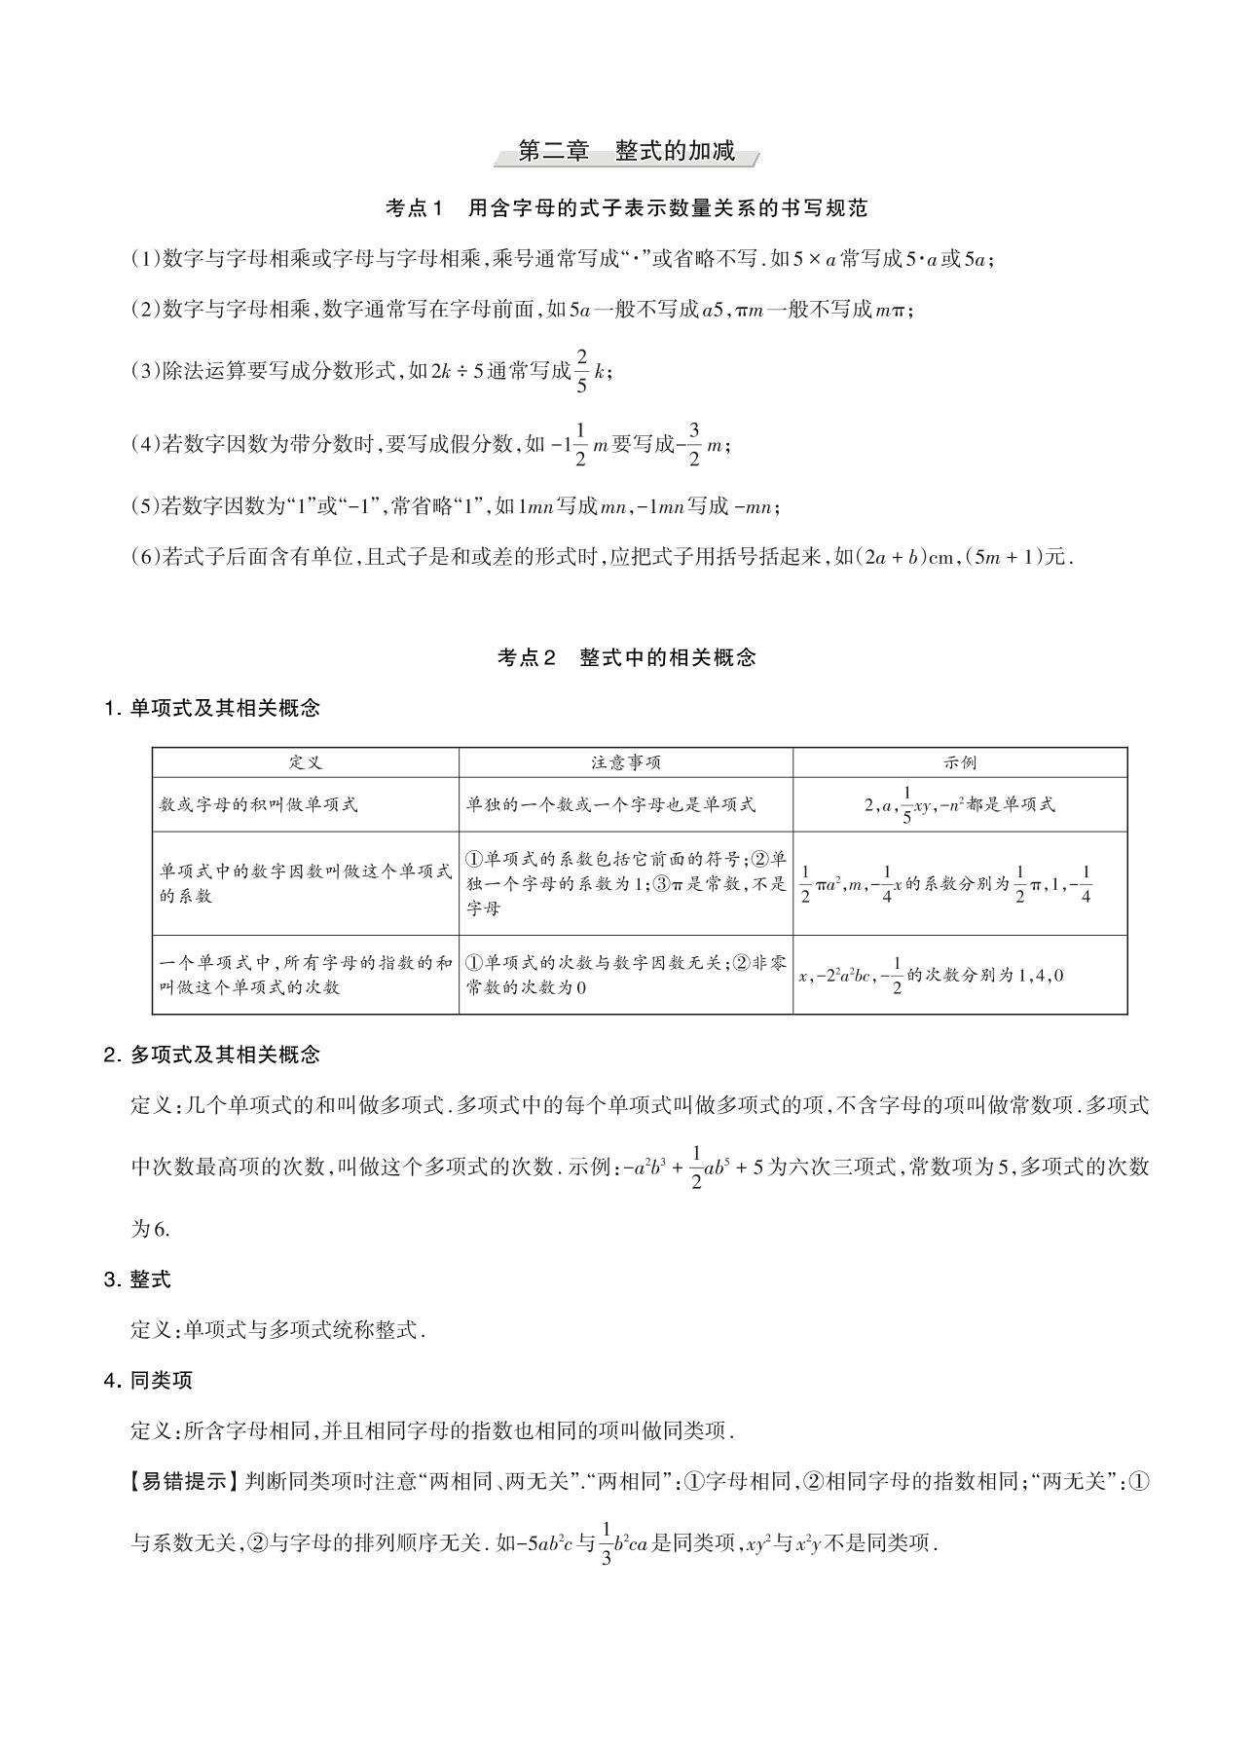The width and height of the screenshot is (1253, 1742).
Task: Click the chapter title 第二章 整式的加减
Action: point(626,151)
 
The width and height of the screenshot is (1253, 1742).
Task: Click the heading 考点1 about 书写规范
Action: point(626,207)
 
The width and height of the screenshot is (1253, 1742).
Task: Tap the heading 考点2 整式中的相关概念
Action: point(626,657)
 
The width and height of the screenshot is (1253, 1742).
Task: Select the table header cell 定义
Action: point(305,762)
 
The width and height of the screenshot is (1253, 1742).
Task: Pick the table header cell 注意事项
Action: point(625,762)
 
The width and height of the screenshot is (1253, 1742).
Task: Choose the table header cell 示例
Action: point(960,762)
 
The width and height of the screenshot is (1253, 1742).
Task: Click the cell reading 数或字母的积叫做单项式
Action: point(259,804)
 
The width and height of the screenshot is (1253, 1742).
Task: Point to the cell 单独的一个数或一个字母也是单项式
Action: point(610,804)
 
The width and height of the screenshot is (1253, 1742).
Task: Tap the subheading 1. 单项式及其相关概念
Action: point(211,709)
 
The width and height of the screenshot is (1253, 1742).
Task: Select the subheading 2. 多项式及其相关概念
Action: point(211,1055)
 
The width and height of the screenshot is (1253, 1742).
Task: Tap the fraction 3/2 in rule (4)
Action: point(694,445)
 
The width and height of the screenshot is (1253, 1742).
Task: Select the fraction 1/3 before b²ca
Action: point(608,1543)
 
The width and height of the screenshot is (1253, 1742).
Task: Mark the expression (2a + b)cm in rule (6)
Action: point(903,557)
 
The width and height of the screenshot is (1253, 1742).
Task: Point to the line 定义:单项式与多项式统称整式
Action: point(278,1330)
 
